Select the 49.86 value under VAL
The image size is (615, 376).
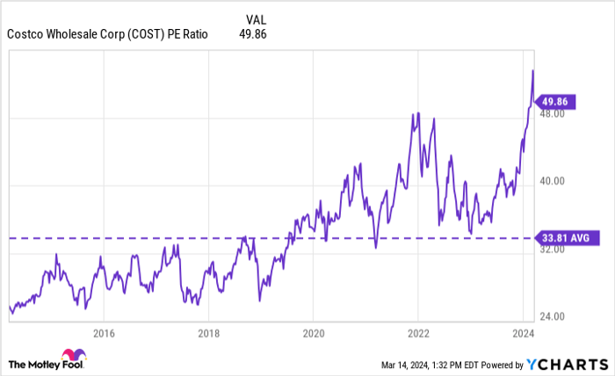[252, 34]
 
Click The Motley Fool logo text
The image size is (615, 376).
[45, 364]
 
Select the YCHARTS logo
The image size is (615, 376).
[566, 364]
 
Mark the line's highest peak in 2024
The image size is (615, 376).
[532, 70]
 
